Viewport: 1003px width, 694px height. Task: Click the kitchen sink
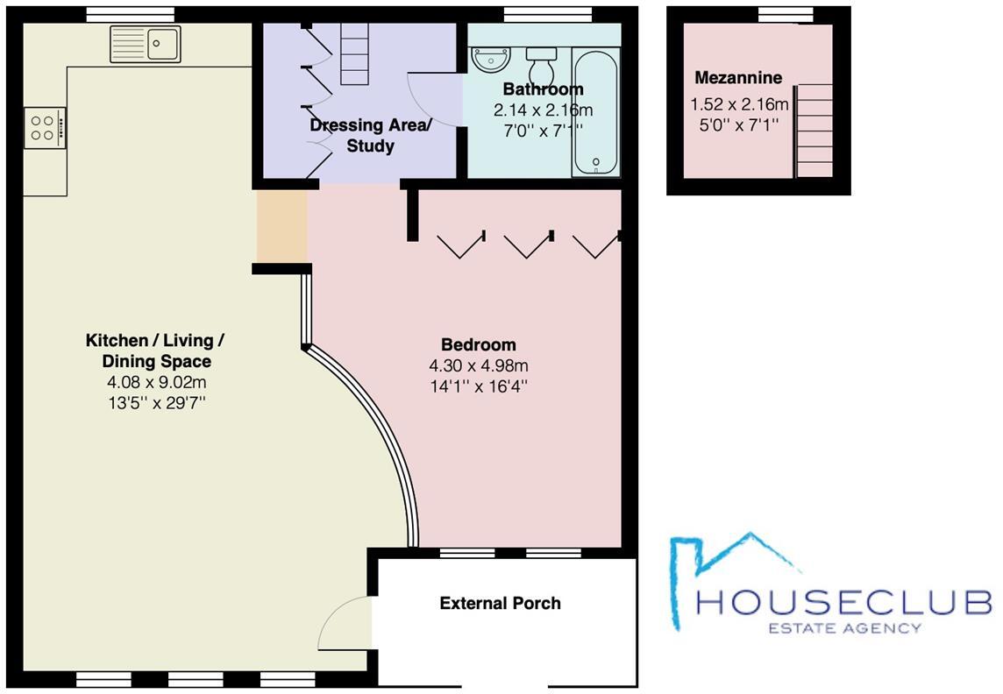[146, 43]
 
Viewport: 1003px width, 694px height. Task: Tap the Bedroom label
[478, 344]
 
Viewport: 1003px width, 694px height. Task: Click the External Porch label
[500, 603]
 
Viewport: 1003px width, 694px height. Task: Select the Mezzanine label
[738, 78]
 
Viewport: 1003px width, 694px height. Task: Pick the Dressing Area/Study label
[370, 135]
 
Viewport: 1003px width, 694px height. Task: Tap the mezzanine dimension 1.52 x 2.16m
[739, 105]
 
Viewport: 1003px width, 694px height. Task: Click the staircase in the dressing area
[356, 53]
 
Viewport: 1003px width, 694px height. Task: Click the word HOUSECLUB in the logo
[843, 603]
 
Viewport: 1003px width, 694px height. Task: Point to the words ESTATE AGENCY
[844, 627]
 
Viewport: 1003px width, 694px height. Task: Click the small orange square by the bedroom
[281, 226]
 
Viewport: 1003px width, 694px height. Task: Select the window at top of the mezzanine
[772, 12]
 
